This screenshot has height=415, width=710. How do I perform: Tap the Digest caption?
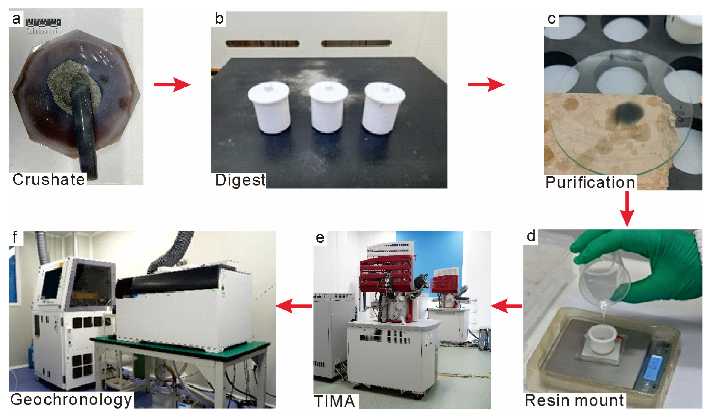coord(240,181)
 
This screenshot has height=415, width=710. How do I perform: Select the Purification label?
coord(590,182)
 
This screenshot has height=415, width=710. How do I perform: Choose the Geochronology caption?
coord(71,400)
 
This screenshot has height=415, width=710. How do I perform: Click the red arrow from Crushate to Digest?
coord(172,85)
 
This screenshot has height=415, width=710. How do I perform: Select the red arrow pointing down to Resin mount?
coord(627,209)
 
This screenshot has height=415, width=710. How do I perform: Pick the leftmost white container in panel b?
coord(269,107)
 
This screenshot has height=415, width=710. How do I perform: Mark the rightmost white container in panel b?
coord(383,108)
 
